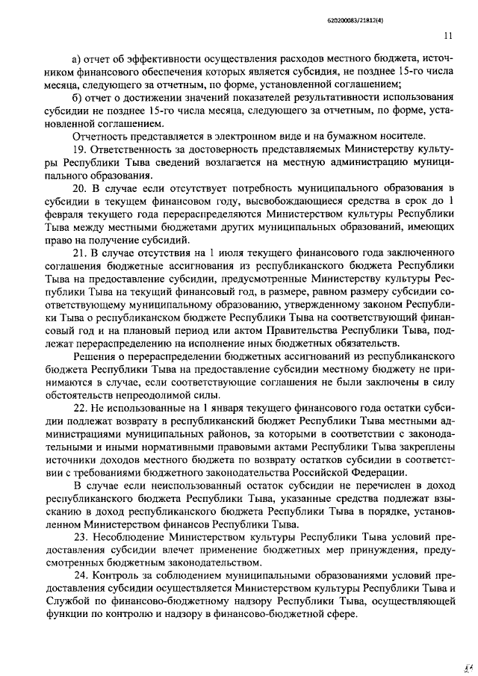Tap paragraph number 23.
point(80,537)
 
